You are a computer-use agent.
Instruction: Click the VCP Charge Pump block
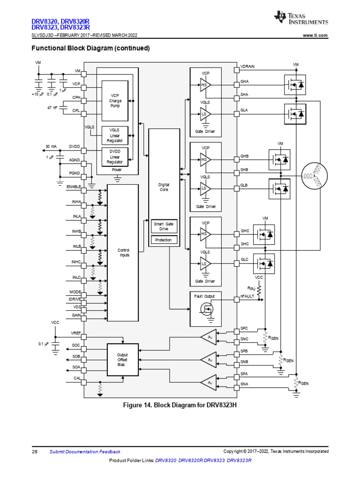pos(115,101)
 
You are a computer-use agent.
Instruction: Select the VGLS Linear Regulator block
pos(115,135)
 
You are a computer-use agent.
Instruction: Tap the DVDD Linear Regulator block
pos(115,157)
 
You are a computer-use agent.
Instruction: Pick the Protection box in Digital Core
pos(164,240)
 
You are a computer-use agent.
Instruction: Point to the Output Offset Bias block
pos(122,360)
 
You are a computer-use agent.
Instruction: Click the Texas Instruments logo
pos(301,19)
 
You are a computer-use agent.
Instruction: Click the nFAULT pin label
pos(247,297)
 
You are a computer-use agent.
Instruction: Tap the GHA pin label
pos(245,82)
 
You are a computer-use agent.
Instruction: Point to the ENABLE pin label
pos(74,187)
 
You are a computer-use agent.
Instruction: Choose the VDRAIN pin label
pos(247,67)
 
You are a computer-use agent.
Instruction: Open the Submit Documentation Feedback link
pos(85,451)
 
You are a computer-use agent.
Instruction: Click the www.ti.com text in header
pos(315,36)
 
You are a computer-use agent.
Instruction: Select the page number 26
pos(34,451)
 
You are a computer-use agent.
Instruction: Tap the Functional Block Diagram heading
pos(90,48)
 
